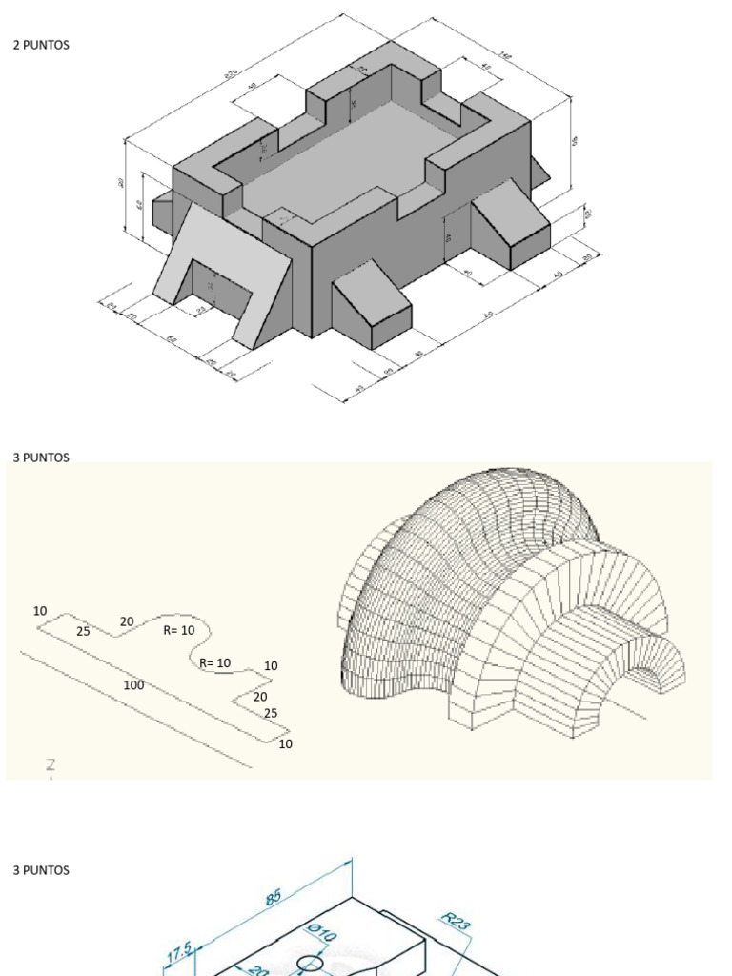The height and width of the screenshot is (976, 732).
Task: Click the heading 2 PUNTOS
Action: pyautogui.click(x=41, y=45)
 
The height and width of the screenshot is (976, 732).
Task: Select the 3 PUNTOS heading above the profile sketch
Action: pyautogui.click(x=41, y=457)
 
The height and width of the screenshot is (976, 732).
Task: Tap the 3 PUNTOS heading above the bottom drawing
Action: pyautogui.click(x=41, y=870)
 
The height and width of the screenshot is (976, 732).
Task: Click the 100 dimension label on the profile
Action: pyautogui.click(x=133, y=685)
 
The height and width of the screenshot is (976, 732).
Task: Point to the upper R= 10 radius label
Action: pyautogui.click(x=178, y=630)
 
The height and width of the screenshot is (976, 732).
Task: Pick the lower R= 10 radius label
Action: pyautogui.click(x=215, y=662)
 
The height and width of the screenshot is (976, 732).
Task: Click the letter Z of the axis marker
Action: pyautogui.click(x=51, y=764)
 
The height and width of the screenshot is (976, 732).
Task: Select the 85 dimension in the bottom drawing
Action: pyautogui.click(x=273, y=897)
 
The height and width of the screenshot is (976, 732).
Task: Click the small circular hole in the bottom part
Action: pyautogui.click(x=310, y=964)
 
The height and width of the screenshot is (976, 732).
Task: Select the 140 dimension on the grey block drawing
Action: pyautogui.click(x=504, y=57)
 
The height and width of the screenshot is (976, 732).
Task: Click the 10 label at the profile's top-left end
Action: pyautogui.click(x=40, y=611)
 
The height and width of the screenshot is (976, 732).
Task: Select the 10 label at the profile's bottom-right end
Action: pyautogui.click(x=286, y=743)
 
